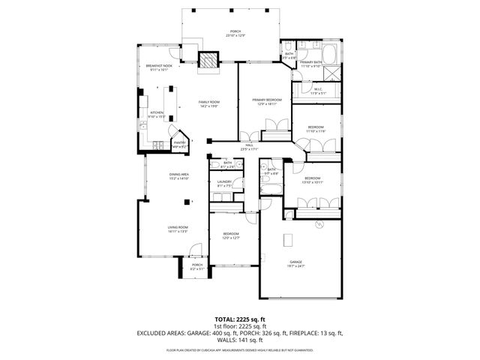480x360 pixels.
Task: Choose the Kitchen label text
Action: (x=157, y=115)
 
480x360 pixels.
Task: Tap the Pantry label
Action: (x=179, y=144)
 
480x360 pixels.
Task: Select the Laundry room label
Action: (x=224, y=183)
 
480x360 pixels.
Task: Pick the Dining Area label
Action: (x=178, y=177)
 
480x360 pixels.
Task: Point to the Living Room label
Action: (x=178, y=229)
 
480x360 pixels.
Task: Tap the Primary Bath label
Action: (x=311, y=64)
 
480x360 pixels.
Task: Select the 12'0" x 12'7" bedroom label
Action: (x=231, y=235)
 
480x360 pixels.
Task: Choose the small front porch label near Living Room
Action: (x=197, y=266)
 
